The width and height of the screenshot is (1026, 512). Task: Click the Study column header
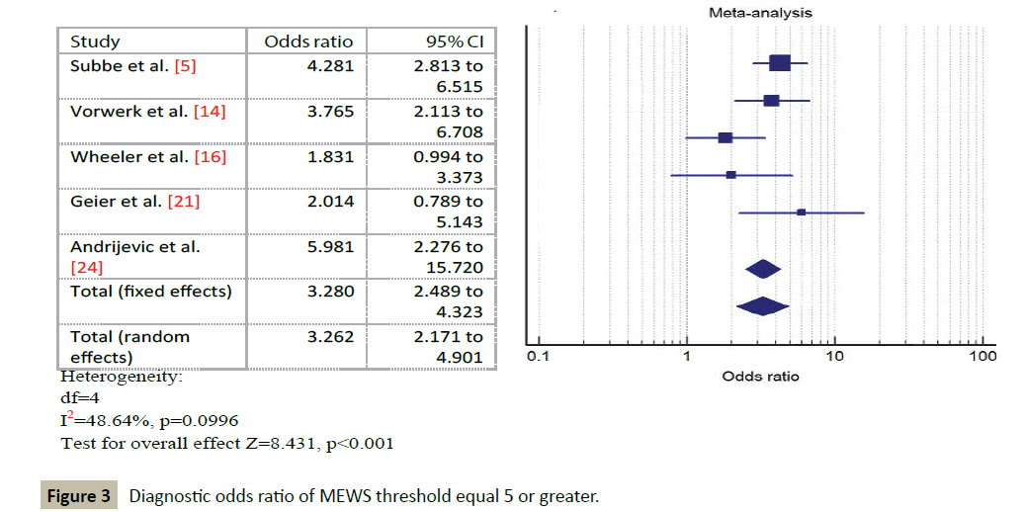[95, 42]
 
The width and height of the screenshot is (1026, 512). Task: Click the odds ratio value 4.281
[330, 66]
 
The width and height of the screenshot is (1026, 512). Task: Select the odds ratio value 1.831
[330, 156]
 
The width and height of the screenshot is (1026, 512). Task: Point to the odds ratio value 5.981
[330, 246]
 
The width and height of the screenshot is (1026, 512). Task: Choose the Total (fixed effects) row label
[150, 292]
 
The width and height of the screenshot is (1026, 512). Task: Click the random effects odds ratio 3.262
[330, 336]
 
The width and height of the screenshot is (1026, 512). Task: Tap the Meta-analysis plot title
[759, 13]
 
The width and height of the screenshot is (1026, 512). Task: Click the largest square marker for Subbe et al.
[779, 63]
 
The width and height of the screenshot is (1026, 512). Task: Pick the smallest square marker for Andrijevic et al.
[801, 213]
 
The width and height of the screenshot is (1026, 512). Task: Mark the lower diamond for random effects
[762, 306]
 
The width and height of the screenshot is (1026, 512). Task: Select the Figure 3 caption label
[80, 496]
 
